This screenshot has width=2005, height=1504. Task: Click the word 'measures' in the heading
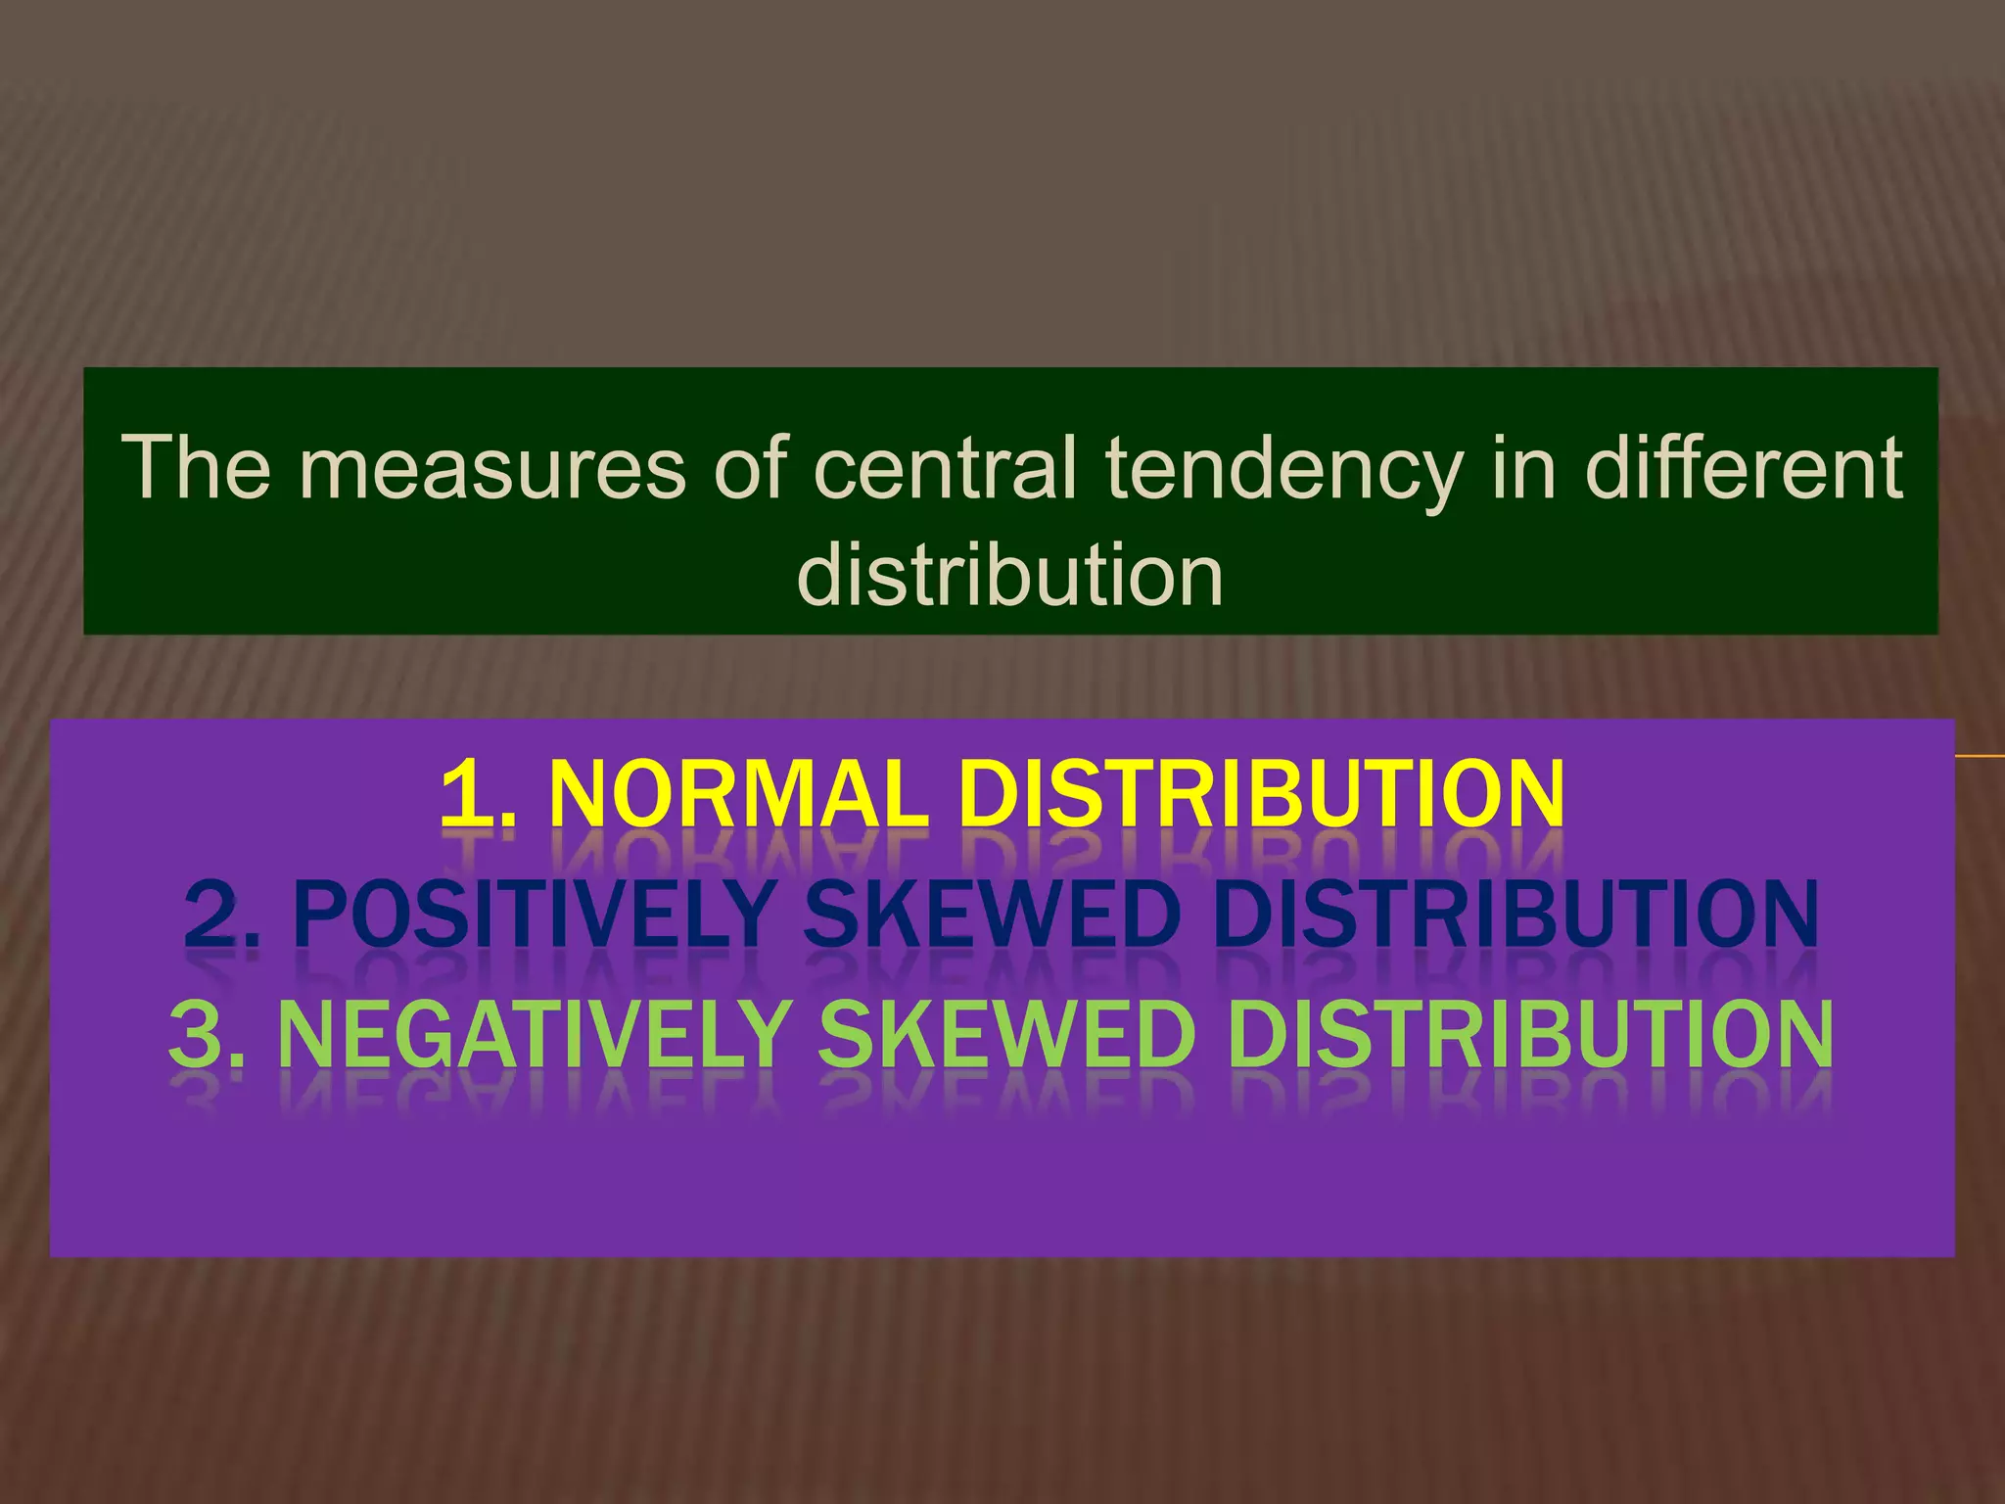click(492, 469)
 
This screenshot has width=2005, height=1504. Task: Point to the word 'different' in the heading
click(1744, 467)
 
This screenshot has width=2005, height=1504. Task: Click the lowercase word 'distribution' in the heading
click(1010, 575)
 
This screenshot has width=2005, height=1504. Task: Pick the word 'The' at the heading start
click(196, 467)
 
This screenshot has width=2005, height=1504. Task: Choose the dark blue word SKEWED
click(992, 915)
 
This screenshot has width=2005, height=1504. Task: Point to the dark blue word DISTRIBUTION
click(1515, 915)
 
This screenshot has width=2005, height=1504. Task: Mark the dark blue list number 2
click(219, 915)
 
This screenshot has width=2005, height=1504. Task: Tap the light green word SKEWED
click(1006, 1034)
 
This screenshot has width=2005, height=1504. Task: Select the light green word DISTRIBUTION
click(1529, 1034)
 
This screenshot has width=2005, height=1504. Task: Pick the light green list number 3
click(202, 1034)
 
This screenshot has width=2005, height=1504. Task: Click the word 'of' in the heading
click(750, 467)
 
